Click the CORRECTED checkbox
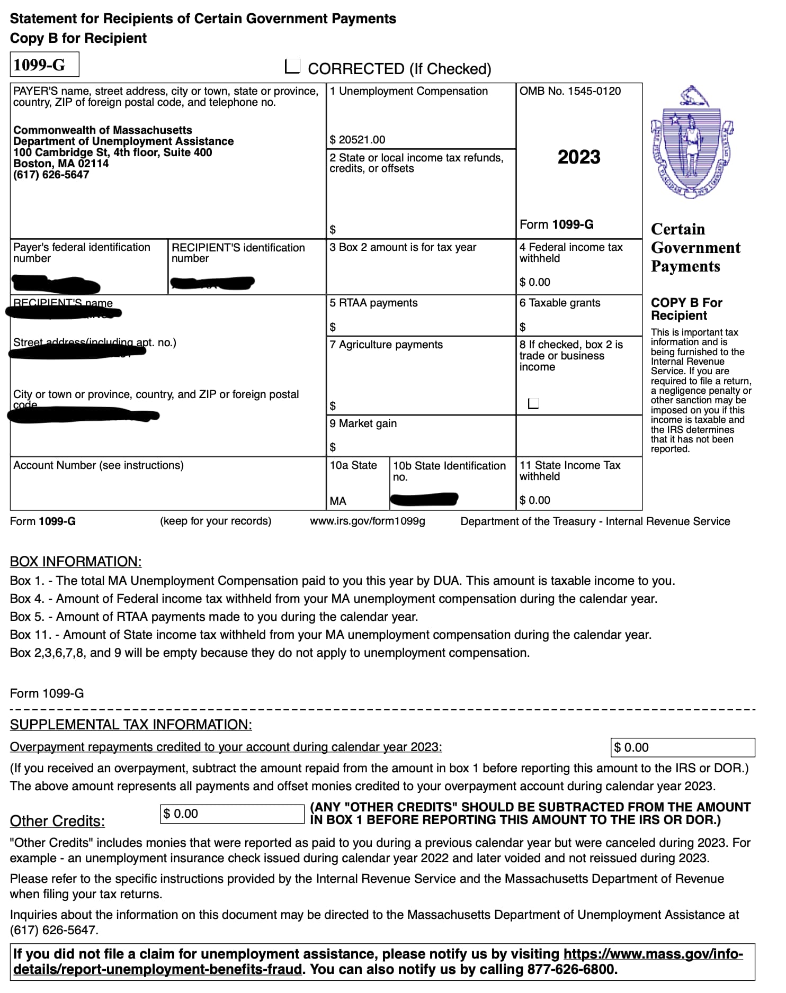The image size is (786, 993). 292,66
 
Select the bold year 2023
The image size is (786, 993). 579,157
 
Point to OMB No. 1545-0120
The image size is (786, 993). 570,91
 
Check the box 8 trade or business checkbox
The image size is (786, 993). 534,403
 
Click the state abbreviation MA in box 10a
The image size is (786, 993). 338,501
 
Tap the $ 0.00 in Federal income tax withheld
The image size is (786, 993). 535,282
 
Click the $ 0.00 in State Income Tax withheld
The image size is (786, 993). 535,500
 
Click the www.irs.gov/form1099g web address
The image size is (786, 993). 368,521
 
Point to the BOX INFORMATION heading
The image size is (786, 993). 76,562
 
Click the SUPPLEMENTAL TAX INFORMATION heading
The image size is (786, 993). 131,725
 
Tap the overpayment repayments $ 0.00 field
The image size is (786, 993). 682,747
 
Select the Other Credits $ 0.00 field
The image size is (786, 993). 232,814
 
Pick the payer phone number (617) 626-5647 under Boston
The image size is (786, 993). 51,175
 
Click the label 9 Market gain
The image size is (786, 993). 363,423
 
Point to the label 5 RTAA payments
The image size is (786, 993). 373,303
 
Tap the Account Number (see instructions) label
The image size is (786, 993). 99,465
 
